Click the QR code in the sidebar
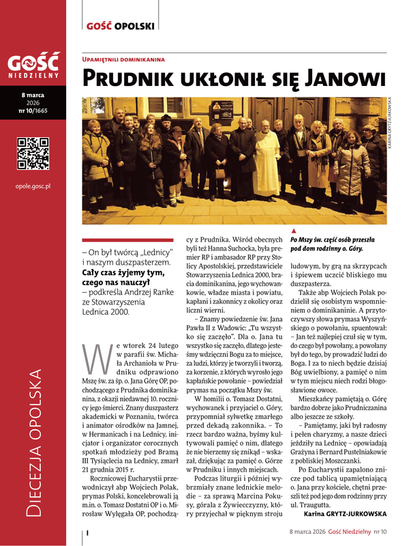pyautogui.click(x=33, y=153)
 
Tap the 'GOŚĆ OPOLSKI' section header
pyautogui.click(x=121, y=27)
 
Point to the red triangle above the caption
pyautogui.click(x=293, y=231)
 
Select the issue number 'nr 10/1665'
pyautogui.click(x=33, y=111)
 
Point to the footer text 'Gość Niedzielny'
pyautogui.click(x=348, y=530)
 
